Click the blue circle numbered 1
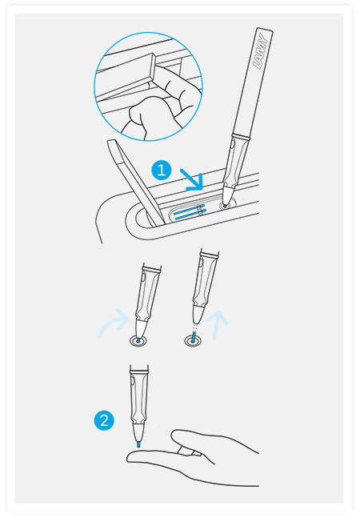coord(162,171)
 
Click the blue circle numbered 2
coord(104,420)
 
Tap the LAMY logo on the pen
coord(261,51)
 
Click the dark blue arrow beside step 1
coord(191,180)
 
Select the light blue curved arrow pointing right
coord(114,323)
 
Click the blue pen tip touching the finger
coord(138,444)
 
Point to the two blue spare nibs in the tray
coord(190,213)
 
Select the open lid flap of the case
coord(134,182)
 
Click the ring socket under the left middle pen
coord(138,341)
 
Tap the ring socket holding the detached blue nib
coord(194,340)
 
